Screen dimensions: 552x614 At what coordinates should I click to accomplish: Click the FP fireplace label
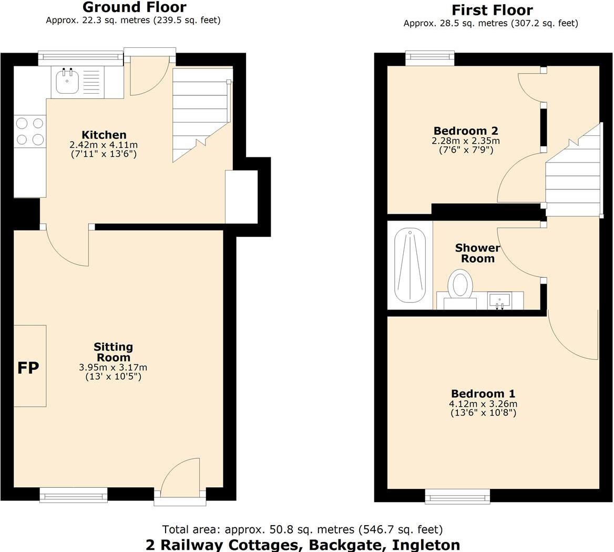[x=28, y=368]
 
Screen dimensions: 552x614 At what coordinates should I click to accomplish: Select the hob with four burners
[x=29, y=131]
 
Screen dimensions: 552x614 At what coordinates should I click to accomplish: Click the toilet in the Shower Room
[x=460, y=285]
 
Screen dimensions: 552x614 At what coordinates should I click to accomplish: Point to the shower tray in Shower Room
[x=410, y=265]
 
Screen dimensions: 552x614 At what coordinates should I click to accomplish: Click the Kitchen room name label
[x=104, y=135]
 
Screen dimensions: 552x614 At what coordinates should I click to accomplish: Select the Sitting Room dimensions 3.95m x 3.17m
[x=113, y=367]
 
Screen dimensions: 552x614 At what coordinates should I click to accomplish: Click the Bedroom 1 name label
[x=483, y=394]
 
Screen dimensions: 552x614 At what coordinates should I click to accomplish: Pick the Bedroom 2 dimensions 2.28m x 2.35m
[x=466, y=140]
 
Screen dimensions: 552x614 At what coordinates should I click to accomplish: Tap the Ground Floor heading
[x=134, y=7]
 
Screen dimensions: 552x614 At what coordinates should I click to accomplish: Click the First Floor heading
[x=492, y=10]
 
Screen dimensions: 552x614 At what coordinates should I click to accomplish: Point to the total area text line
[x=302, y=529]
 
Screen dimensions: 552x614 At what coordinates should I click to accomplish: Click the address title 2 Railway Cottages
[x=302, y=545]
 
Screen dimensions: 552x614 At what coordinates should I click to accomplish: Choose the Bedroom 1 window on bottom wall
[x=457, y=495]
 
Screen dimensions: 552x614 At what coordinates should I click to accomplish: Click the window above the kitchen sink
[x=80, y=58]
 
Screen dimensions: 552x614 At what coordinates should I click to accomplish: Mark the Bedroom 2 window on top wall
[x=430, y=58]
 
